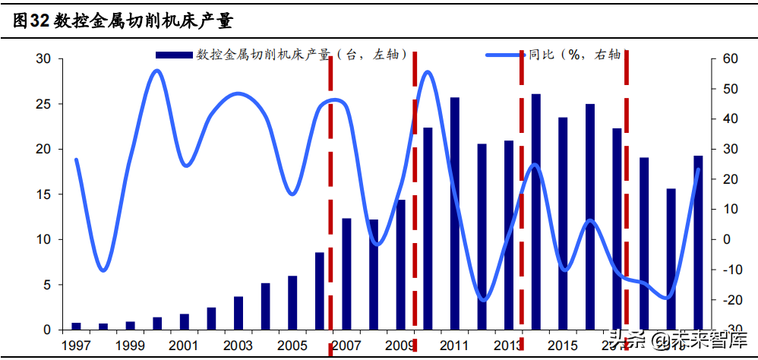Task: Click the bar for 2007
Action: (346, 274)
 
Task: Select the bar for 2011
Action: (455, 213)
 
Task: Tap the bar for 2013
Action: (509, 235)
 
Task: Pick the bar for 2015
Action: (563, 223)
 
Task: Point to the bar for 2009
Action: (401, 264)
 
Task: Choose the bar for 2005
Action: (292, 302)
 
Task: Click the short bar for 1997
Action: (76, 326)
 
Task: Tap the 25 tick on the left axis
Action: (44, 104)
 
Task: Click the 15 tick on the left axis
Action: (44, 194)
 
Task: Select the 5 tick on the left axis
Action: (47, 285)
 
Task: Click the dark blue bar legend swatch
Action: (173, 55)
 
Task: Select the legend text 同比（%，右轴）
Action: (575, 55)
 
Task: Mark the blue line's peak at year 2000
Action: (156, 71)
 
